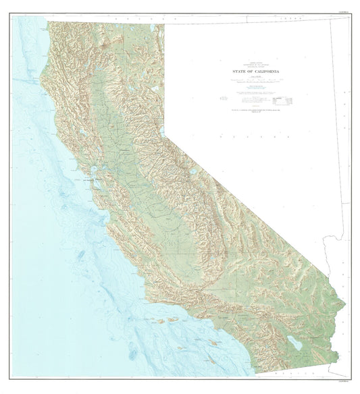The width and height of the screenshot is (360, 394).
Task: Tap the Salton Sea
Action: (x=296, y=343)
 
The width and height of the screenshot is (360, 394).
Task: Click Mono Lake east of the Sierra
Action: (x=192, y=171)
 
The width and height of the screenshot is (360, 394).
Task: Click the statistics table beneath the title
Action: (x=280, y=101)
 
